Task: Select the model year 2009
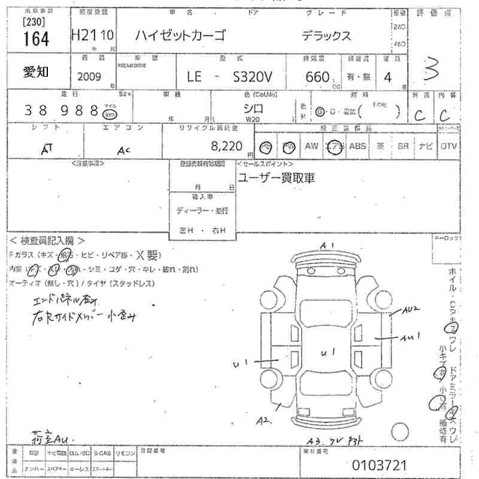tap(90, 76)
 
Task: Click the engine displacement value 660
tap(317, 77)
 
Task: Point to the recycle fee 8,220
tap(227, 145)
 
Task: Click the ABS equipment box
tap(357, 145)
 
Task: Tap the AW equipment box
tap(311, 145)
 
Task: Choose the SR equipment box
tap(403, 145)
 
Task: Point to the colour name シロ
tap(254, 108)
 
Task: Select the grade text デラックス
tap(326, 35)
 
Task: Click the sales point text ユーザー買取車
tap(276, 178)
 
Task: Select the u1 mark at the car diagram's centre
tap(328, 353)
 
